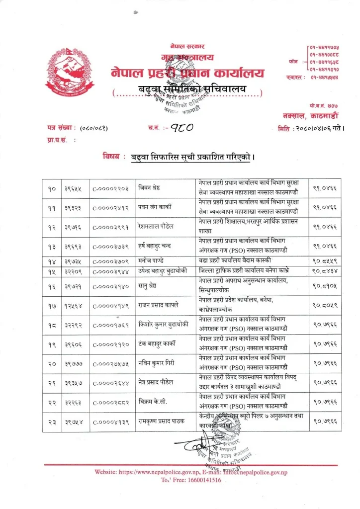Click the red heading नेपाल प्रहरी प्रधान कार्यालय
click(x=187, y=73)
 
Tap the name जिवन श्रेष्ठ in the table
click(x=153, y=189)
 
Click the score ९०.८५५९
click(x=326, y=260)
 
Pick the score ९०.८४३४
click(x=326, y=270)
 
